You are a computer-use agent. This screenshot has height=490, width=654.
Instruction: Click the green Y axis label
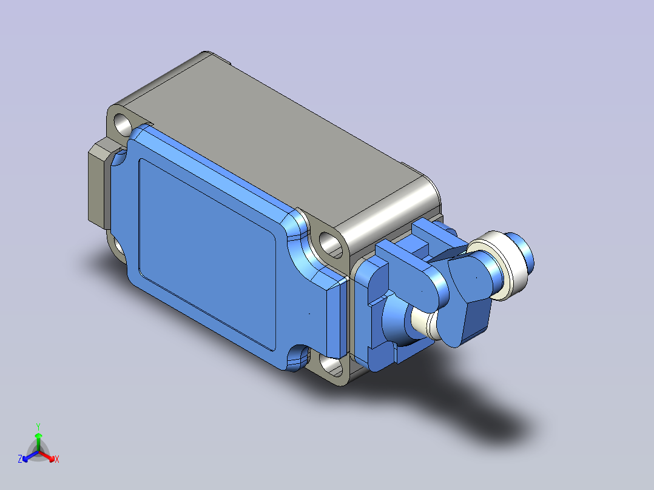point(38,426)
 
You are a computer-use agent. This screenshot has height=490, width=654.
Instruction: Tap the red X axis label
point(57,459)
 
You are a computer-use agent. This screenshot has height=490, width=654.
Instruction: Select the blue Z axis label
point(19,459)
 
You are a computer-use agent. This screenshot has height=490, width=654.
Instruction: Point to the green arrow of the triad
point(38,442)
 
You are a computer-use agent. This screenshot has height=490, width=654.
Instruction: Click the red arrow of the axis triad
point(46,456)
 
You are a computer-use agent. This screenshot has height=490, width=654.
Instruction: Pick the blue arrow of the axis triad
point(30,456)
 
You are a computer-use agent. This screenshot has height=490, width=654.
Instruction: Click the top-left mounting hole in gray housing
point(123,124)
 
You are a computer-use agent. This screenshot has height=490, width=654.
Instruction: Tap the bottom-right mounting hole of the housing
point(332,365)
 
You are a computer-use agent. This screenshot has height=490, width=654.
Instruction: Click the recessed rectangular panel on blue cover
point(207,254)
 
